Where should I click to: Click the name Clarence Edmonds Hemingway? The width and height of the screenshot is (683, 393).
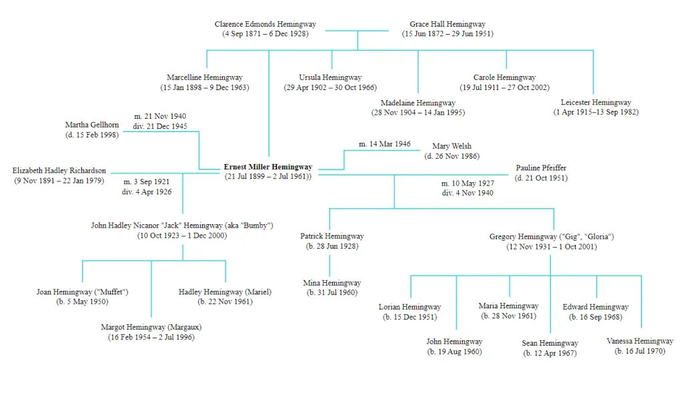[265, 24]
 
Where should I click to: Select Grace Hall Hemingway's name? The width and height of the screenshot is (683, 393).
[448, 24]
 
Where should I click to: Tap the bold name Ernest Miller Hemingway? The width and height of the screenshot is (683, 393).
[268, 166]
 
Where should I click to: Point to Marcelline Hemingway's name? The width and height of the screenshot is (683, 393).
[205, 77]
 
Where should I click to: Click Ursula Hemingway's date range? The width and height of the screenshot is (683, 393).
[330, 87]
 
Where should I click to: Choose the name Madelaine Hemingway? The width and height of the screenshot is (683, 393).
[418, 103]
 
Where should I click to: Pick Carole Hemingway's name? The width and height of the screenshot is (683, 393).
[504, 77]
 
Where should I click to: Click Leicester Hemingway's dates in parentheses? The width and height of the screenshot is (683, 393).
[596, 112]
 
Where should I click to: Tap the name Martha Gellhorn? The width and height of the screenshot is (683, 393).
[92, 125]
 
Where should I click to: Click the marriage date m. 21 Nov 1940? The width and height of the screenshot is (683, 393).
[160, 116]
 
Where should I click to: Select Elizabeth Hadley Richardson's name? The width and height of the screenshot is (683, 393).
[59, 170]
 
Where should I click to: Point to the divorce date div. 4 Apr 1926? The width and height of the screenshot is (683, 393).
[147, 191]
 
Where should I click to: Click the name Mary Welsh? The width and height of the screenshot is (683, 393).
[452, 146]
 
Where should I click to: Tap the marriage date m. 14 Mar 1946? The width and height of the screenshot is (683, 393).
[385, 143]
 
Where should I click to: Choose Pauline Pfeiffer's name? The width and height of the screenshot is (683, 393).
[541, 167]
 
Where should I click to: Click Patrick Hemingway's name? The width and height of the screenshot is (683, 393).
[332, 236]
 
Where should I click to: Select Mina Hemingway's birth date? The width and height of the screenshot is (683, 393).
[332, 292]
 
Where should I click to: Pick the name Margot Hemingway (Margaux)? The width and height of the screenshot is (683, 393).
[151, 327]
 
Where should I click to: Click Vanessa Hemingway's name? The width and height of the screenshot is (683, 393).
[640, 341]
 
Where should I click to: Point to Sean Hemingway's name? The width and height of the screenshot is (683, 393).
[550, 343]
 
